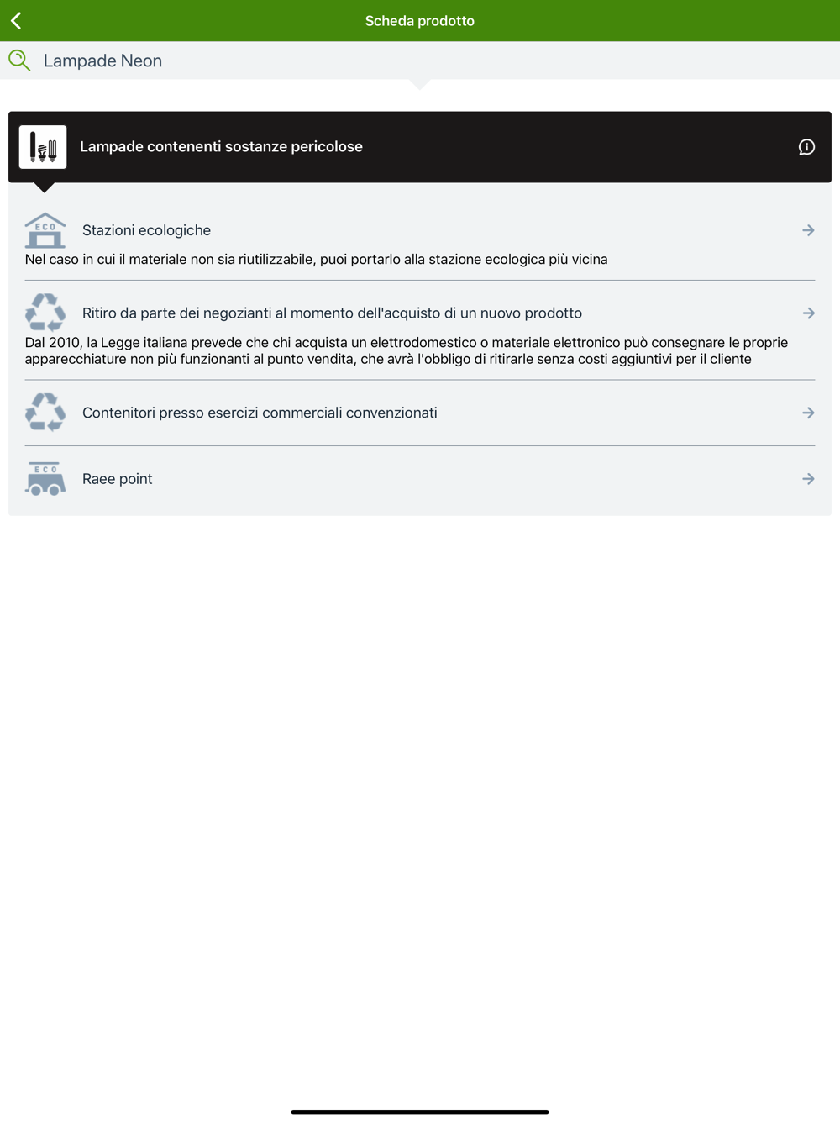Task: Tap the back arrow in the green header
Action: coord(16,20)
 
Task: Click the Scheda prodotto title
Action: coord(419,21)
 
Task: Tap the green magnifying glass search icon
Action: coord(19,61)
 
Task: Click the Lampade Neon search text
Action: coord(102,61)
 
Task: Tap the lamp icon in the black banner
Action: coord(43,147)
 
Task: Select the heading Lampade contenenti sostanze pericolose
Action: coord(221,146)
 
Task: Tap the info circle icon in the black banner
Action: coord(806,147)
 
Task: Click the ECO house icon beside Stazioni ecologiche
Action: coord(45,230)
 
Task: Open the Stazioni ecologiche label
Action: coord(146,230)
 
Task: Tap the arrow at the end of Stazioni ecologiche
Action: coord(808,230)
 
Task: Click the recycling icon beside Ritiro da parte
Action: coord(45,313)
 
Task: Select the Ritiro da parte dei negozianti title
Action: coord(332,313)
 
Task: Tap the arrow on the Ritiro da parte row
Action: coord(808,313)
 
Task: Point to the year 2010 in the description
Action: coord(65,342)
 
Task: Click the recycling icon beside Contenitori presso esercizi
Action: coord(45,413)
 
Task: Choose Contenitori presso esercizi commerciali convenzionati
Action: coord(260,413)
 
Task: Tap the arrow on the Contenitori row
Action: coord(808,413)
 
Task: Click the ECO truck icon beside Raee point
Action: coord(45,479)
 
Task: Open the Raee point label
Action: coord(117,479)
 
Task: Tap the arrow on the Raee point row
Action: coord(808,479)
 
